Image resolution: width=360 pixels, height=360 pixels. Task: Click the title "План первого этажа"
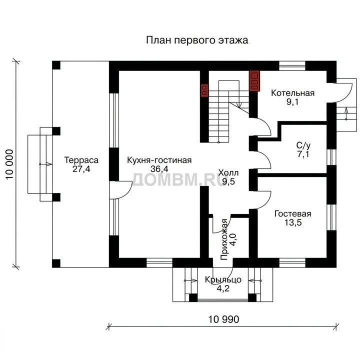[197, 40]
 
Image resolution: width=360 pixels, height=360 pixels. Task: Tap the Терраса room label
[81, 160]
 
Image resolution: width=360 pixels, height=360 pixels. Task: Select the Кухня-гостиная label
[159, 160]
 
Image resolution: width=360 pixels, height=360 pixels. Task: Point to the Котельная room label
[292, 93]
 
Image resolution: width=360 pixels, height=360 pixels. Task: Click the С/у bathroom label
[303, 145]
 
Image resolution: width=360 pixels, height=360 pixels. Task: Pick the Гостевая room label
[292, 214]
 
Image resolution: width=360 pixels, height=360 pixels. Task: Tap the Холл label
[228, 172]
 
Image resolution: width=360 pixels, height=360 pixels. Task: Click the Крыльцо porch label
[223, 280]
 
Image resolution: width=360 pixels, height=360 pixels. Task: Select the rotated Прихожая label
[224, 239]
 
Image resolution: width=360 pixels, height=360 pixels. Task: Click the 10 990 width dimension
[223, 319]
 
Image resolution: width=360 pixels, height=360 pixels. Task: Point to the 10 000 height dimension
[9, 164]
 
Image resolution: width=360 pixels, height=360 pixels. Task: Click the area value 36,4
[159, 169]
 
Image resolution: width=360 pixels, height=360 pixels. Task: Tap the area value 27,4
[81, 169]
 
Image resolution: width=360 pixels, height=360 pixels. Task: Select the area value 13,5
[293, 222]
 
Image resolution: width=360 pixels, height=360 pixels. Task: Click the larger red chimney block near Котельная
[254, 81]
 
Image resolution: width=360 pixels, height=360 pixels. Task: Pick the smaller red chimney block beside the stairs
[204, 90]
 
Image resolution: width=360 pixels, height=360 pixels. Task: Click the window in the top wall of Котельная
[292, 65]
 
